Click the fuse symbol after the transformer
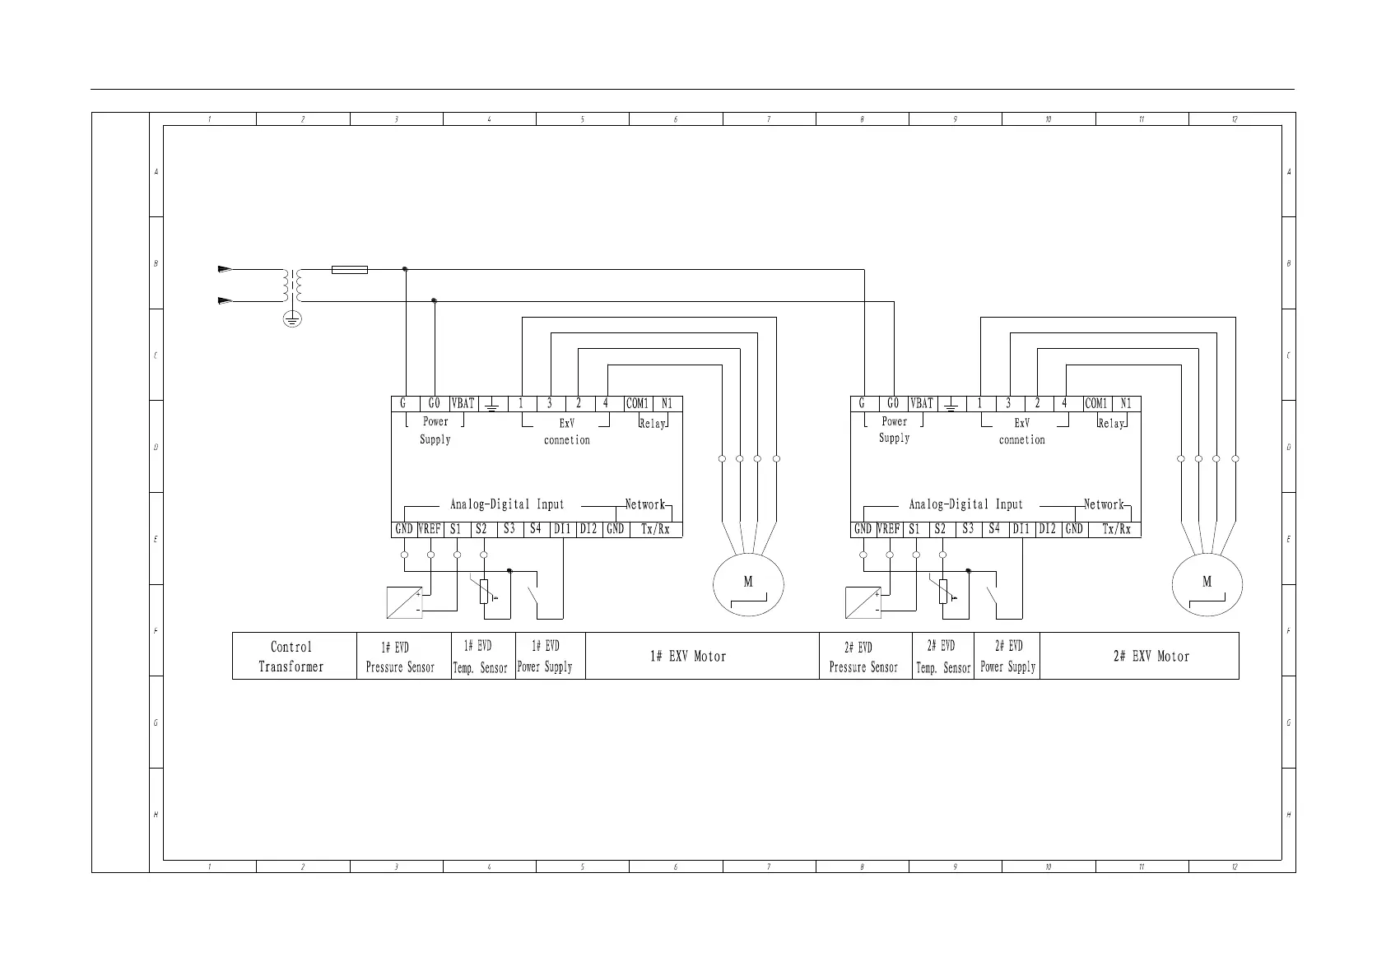click(349, 269)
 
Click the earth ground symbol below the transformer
click(291, 319)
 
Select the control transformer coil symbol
click(292, 285)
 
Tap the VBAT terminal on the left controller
click(463, 404)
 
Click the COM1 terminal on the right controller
click(1096, 404)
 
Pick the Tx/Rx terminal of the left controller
click(655, 529)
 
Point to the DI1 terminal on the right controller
click(1021, 529)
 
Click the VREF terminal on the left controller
click(430, 529)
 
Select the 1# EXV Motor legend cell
click(688, 657)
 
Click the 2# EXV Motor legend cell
click(1151, 657)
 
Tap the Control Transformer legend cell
click(291, 657)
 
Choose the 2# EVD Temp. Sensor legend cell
click(943, 657)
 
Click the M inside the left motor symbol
click(747, 583)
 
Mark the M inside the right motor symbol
click(1207, 583)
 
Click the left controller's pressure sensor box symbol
click(404, 603)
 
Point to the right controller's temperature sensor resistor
click(943, 591)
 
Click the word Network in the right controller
click(1104, 504)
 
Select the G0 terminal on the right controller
click(893, 404)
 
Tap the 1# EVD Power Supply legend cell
click(545, 657)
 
